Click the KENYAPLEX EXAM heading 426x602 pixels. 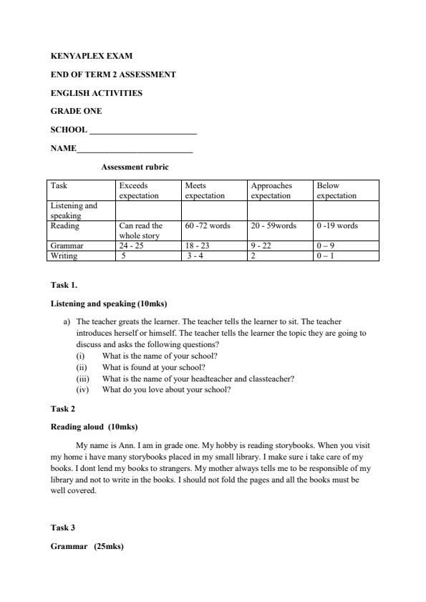tap(92, 56)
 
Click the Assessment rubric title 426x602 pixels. tap(135, 168)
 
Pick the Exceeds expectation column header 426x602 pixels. tap(139, 190)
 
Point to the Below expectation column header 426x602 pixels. tap(337, 190)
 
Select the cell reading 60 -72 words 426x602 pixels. tap(208, 226)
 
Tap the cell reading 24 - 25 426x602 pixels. tap(134, 246)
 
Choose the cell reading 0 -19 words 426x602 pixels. tap(337, 226)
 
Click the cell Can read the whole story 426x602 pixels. tap(140, 230)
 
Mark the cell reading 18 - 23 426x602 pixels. tap(198, 246)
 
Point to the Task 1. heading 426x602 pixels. tap(64, 285)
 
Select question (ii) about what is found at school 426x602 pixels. tap(153, 367)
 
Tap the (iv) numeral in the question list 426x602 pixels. tap(82, 390)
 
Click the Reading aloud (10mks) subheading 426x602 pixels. tap(94, 427)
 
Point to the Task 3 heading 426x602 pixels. tap(62, 528)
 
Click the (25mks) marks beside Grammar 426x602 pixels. tap(109, 546)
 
